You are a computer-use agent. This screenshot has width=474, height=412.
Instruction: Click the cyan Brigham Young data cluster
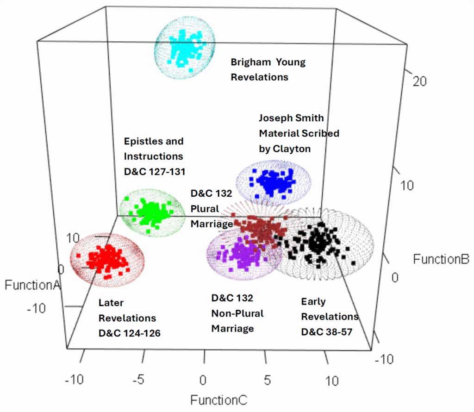pos(186,47)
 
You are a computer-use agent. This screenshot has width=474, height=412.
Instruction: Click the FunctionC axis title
pos(218,399)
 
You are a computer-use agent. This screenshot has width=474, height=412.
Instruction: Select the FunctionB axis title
pos(442,259)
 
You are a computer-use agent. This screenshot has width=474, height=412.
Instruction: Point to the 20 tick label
pos(420,81)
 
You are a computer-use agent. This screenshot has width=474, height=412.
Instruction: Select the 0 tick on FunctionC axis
pos(203,381)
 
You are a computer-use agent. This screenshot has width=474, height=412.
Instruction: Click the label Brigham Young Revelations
pos(268,69)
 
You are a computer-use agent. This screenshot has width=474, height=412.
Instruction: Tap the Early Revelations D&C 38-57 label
pos(330,317)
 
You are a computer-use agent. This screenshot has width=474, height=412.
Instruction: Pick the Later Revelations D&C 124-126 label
pos(129,318)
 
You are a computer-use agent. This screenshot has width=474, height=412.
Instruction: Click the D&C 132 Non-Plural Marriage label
pos(237,313)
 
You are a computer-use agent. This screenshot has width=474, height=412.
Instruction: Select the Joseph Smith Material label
pos(299,133)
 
